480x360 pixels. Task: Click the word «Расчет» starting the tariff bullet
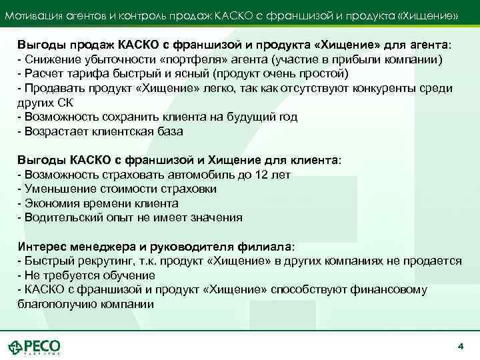[39, 73]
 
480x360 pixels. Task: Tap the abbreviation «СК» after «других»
[63, 103]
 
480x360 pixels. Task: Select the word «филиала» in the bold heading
[266, 246]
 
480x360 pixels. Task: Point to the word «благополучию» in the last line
[53, 304]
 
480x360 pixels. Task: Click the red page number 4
[460, 346]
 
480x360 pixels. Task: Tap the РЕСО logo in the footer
[35, 347]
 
